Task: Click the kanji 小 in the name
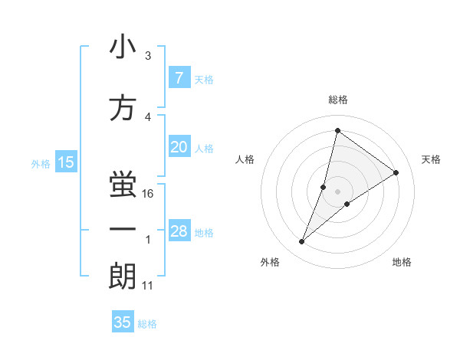tap(123, 47)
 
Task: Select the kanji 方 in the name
tap(123, 109)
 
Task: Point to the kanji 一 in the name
tap(123, 231)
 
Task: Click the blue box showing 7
tap(179, 78)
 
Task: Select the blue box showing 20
tap(179, 148)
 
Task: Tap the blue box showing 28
tap(179, 232)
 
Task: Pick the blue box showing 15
tap(66, 162)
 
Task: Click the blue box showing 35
tap(123, 322)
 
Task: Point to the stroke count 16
tap(149, 194)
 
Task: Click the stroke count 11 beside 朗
tap(148, 286)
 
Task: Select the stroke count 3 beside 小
tap(148, 56)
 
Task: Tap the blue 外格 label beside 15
tap(41, 163)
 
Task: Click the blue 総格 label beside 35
tap(147, 323)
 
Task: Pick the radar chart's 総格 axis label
tap(337, 100)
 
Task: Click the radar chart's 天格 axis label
tap(431, 159)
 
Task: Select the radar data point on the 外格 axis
tap(302, 242)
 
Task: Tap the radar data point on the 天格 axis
tap(396, 173)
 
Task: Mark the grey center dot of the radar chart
tap(337, 191)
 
